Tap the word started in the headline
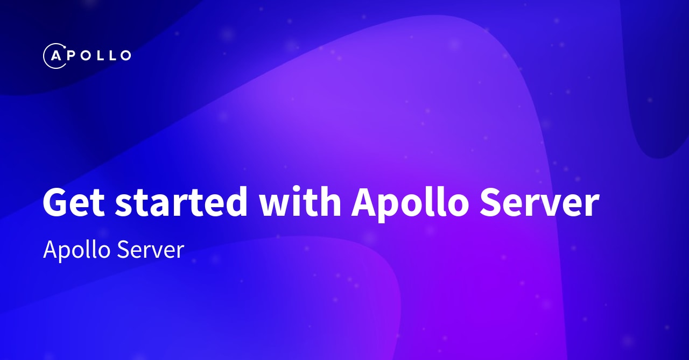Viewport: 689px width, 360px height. tap(181, 203)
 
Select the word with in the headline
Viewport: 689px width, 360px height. tap(299, 203)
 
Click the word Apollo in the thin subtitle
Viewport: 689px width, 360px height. tap(75, 250)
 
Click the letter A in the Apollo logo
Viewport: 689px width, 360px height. tap(55, 55)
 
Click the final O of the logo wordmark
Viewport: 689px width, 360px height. tap(123, 55)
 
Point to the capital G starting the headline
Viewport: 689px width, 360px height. tap(57, 203)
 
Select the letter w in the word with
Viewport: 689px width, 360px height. tap(272, 205)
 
